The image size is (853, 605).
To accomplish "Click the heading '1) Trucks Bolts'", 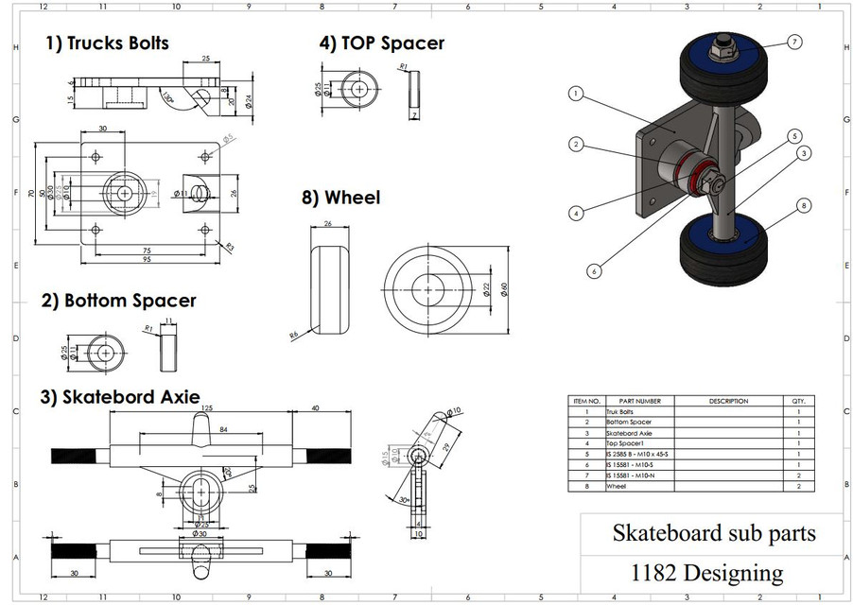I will [108, 43].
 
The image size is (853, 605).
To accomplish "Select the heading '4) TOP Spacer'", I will [381, 43].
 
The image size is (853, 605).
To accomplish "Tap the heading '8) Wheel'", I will [339, 198].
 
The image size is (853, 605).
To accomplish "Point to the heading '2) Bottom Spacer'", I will [119, 301].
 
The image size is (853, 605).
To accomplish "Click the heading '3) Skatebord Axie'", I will [119, 396].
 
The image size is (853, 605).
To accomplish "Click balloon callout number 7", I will [793, 42].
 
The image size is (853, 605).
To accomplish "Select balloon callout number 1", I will [576, 94].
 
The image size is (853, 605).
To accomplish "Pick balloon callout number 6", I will [594, 270].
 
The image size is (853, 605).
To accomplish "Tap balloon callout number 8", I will [803, 204].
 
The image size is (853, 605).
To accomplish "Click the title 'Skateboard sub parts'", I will [713, 533].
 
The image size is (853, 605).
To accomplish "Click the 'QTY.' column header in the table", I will [798, 401].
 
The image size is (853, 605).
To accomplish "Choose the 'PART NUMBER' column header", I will [634, 401].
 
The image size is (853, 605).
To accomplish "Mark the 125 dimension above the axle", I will [206, 407].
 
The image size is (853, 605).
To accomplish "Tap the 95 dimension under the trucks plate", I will [148, 260].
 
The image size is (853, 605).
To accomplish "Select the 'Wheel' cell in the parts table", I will [617, 486].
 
